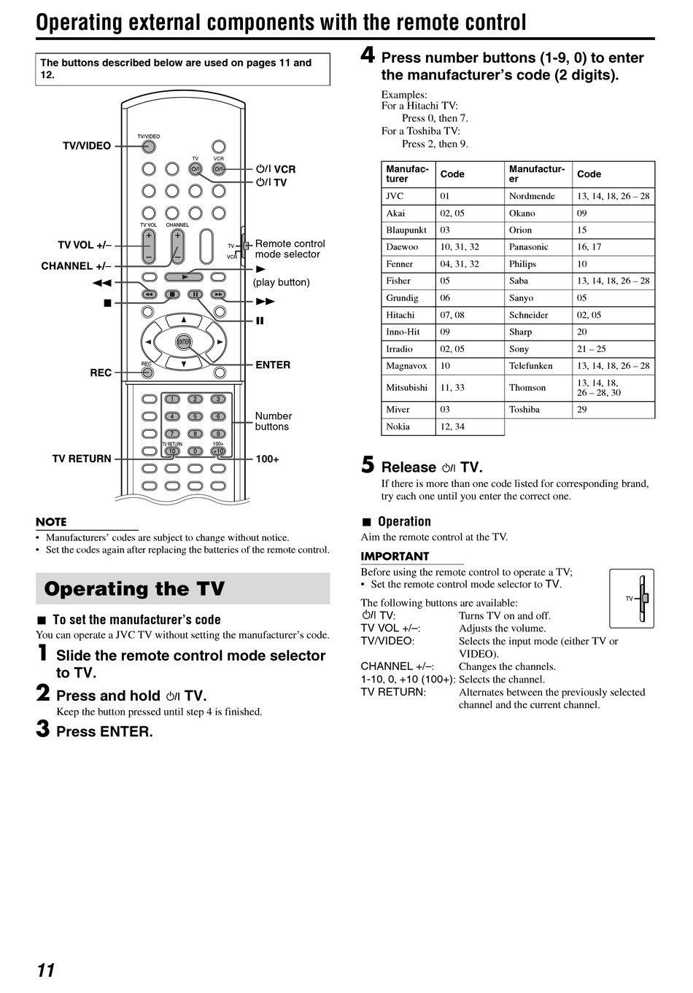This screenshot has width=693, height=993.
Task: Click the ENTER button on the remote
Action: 184,342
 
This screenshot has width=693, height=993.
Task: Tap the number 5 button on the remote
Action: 195,416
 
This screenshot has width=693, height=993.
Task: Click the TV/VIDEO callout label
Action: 87,146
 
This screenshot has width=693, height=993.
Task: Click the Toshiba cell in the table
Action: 524,410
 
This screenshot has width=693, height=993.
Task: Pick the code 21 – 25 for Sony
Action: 591,349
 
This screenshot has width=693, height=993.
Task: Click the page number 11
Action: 45,970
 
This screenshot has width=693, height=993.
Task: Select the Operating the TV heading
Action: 134,589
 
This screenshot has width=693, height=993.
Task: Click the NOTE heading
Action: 51,522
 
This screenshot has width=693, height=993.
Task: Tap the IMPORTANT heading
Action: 395,556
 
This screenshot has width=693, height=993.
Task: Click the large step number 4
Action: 368,55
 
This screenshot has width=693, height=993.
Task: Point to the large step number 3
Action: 43,728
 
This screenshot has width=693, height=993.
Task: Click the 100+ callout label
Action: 267,459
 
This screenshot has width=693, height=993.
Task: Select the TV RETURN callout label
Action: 82,459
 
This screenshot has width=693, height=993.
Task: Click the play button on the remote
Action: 184,277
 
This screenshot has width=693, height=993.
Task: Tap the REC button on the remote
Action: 147,373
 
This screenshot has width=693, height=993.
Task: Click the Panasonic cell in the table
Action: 528,247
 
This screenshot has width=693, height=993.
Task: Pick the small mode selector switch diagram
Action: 632,599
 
